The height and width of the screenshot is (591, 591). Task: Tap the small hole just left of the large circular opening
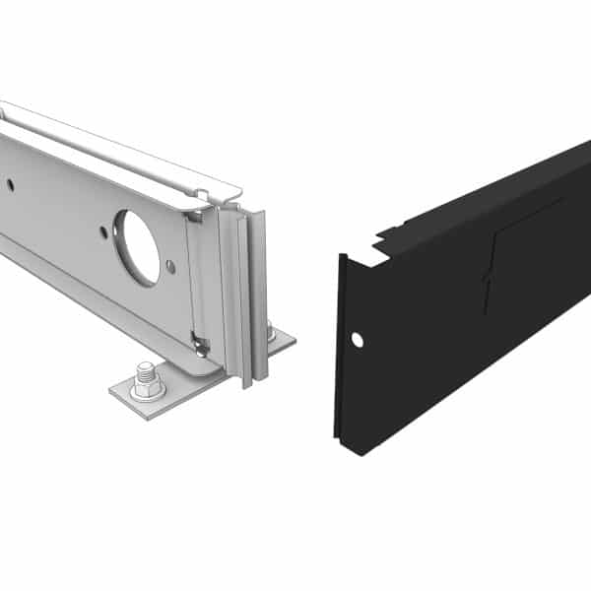pyautogui.click(x=103, y=232)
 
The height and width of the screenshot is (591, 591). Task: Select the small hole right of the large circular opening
pyautogui.click(x=170, y=265)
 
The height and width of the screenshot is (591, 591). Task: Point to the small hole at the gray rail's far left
pyautogui.click(x=10, y=183)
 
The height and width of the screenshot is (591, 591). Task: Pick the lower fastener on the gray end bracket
pyautogui.click(x=201, y=345)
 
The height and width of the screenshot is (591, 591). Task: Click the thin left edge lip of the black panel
pyautogui.click(x=338, y=345)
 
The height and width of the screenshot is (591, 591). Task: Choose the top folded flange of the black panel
pyautogui.click(x=492, y=192)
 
